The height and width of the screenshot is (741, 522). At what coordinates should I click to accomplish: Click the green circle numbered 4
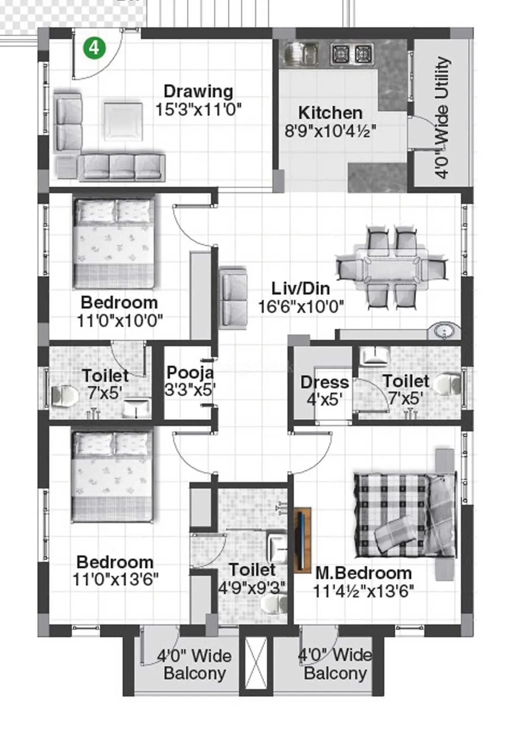(x=94, y=48)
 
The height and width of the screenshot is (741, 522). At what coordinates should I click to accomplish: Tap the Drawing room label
(x=199, y=91)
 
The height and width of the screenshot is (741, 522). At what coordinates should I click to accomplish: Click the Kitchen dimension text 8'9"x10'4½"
(x=330, y=131)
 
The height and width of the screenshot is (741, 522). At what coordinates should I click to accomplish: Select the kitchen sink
(x=301, y=53)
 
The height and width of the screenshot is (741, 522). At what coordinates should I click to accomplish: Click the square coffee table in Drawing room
(x=123, y=121)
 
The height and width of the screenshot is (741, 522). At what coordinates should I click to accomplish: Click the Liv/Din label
(x=301, y=288)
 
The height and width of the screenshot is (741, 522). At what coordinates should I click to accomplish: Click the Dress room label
(x=324, y=382)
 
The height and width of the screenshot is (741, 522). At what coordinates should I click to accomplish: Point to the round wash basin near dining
(x=444, y=331)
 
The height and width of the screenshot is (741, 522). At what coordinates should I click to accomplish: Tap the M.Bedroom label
(x=364, y=573)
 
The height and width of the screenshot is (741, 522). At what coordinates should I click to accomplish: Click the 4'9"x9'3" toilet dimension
(x=252, y=588)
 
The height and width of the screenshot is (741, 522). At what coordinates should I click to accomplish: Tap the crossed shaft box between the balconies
(x=256, y=663)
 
